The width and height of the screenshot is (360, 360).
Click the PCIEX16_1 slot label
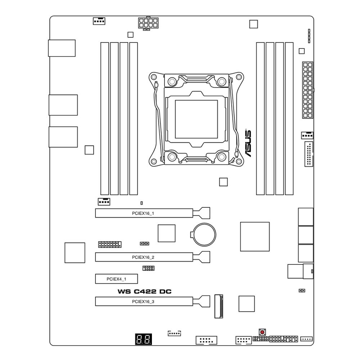click(143, 213)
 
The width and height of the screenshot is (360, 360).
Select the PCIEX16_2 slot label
click(143, 257)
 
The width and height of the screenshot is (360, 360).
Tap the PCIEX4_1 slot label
click(116, 279)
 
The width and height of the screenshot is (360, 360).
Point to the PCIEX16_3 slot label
click(143, 302)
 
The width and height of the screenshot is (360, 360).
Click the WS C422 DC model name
click(144, 292)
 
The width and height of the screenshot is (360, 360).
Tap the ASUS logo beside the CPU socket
click(248, 143)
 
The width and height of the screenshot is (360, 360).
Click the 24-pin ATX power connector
click(307, 90)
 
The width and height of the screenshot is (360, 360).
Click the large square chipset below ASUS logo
click(255, 237)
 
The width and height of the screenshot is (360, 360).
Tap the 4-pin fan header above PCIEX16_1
click(104, 202)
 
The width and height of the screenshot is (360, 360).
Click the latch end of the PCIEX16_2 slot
click(202, 257)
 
